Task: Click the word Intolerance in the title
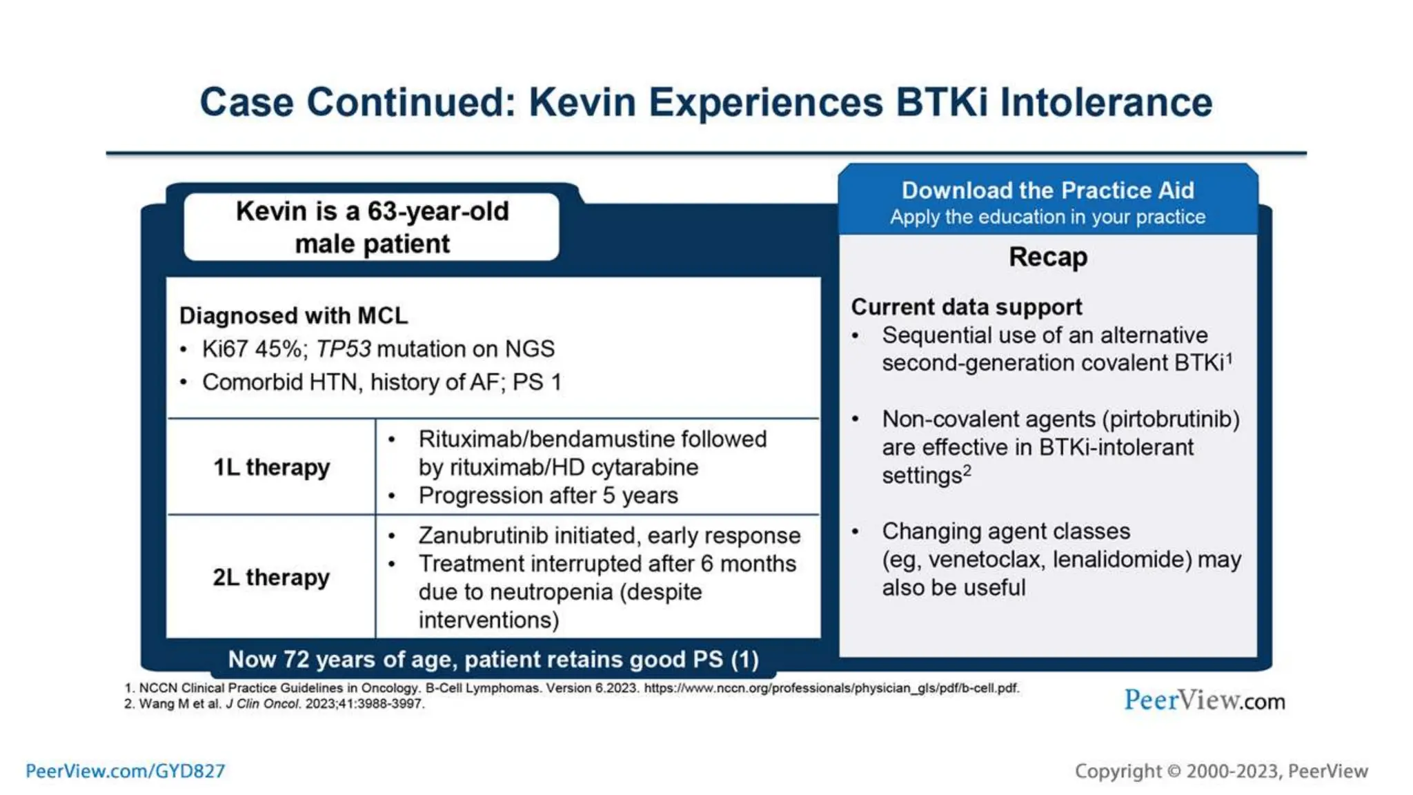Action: [1106, 103]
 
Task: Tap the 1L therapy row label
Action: [271, 467]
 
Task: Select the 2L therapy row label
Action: [271, 577]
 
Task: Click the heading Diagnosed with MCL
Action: [293, 315]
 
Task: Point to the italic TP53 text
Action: [344, 349]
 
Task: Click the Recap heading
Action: [1047, 257]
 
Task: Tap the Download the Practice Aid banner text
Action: [1047, 190]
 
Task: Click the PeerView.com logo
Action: [1204, 700]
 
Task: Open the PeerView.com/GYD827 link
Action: [125, 771]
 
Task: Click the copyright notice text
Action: [1221, 771]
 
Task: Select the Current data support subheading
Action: [966, 307]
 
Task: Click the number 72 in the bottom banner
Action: [295, 660]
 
